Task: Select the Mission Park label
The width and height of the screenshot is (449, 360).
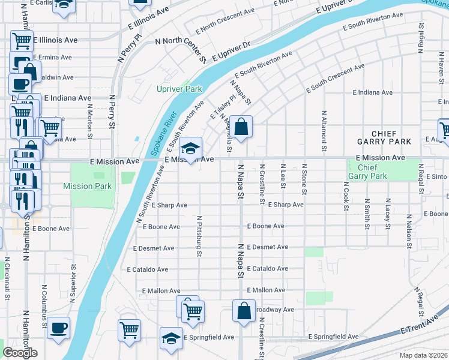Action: tap(87, 186)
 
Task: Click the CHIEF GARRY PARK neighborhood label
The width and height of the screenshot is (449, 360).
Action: tap(391, 137)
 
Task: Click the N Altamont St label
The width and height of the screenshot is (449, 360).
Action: tap(324, 130)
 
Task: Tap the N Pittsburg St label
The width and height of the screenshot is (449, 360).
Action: tap(198, 236)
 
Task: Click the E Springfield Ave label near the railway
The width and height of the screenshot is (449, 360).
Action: tap(333, 337)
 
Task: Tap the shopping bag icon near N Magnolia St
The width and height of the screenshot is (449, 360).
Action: tap(241, 127)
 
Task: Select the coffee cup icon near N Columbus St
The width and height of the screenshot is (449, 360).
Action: tap(58, 328)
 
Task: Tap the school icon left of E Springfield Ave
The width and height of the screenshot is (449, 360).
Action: tap(171, 338)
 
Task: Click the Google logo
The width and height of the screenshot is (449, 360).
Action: tap(20, 353)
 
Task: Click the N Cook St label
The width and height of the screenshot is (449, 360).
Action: tap(346, 197)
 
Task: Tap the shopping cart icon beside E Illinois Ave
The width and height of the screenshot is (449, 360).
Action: tap(22, 41)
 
